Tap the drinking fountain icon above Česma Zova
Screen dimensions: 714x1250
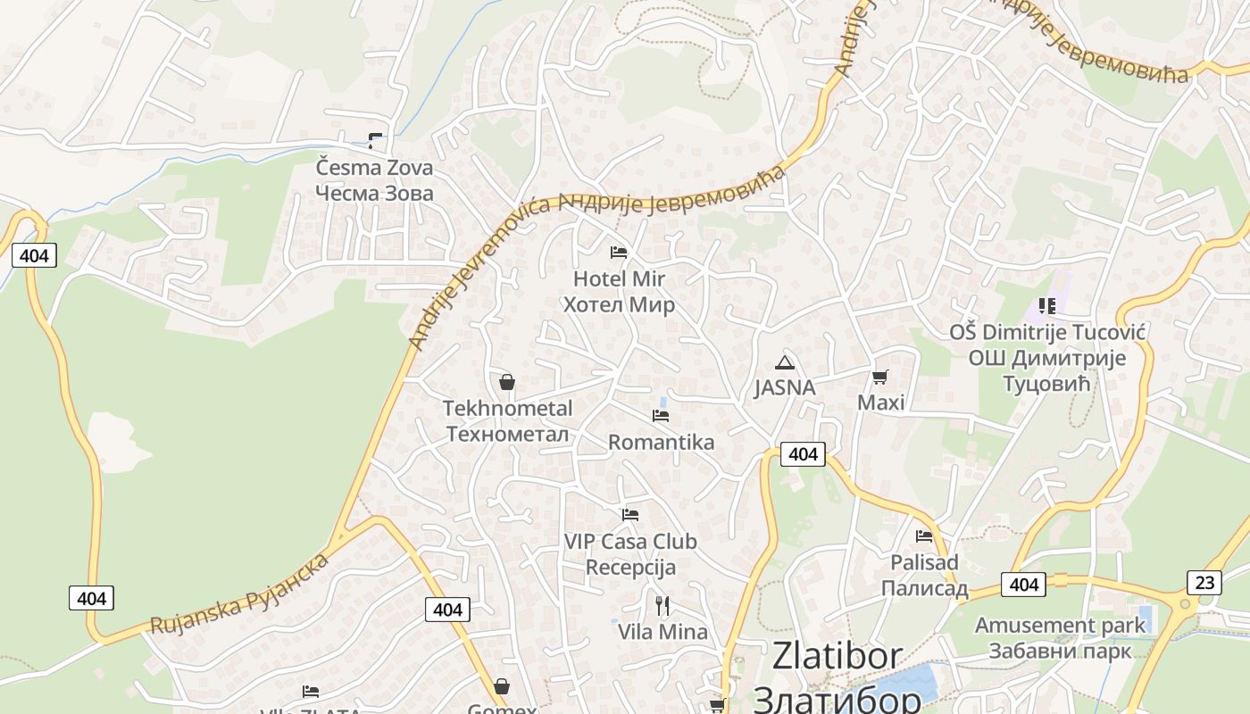pos(375,140)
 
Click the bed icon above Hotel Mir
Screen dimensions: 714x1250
pos(619,253)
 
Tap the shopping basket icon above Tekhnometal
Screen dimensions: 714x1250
pos(507,382)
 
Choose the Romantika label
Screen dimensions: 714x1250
pos(661,443)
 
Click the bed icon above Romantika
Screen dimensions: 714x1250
pos(661,415)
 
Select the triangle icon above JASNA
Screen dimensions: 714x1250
pos(785,361)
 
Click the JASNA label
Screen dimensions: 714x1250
pos(785,387)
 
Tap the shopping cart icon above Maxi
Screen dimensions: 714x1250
pos(880,377)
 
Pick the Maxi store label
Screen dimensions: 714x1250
pos(880,403)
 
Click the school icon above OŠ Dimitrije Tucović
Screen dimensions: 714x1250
pos(1047,306)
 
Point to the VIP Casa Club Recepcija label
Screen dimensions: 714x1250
pos(630,554)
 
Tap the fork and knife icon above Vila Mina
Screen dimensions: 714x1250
pos(662,606)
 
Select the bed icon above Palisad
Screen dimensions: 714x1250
pos(924,536)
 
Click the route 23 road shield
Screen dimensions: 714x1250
pos(1204,583)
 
